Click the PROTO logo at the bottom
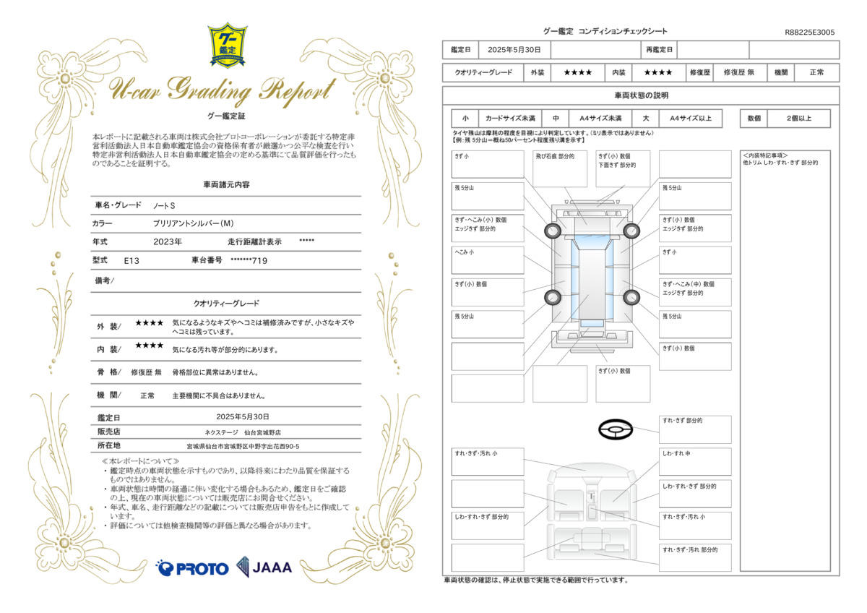point(192,568)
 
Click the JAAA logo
point(264,567)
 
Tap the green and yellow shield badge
point(228,46)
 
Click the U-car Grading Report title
point(221,90)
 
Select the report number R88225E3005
point(809,33)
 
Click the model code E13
point(131,260)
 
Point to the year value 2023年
point(168,241)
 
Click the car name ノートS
point(164,206)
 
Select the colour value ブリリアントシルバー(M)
point(193,224)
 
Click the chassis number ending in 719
point(249,260)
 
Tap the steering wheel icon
point(616,430)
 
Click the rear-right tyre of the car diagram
point(631,296)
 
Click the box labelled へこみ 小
point(488,260)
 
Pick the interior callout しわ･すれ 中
point(695,461)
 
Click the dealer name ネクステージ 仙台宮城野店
point(243,432)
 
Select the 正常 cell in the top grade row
point(816,72)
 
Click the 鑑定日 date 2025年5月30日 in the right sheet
point(514,50)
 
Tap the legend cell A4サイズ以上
point(691,119)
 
